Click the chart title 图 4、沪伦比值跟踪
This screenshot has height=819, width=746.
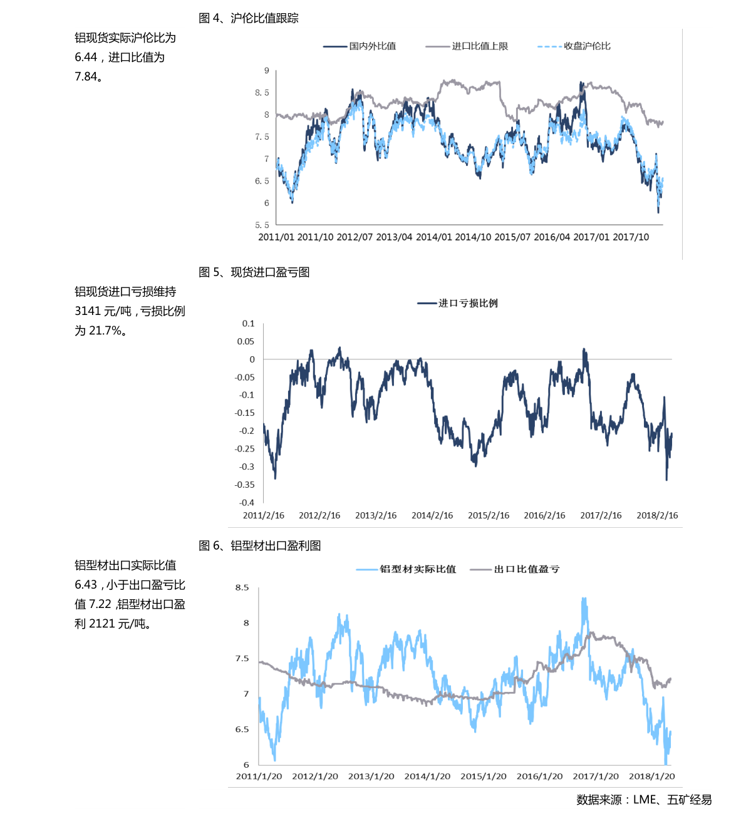(x=249, y=19)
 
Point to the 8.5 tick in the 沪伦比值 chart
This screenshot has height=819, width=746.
(x=262, y=93)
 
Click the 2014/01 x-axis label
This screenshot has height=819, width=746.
(x=433, y=237)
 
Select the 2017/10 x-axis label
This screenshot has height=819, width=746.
(x=631, y=237)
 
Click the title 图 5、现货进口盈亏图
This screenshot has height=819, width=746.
(x=254, y=272)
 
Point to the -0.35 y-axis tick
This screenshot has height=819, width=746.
(x=245, y=485)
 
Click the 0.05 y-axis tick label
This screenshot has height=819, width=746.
(x=246, y=341)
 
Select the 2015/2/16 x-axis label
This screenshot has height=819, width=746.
(x=489, y=515)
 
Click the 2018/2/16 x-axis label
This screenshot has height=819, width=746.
(x=657, y=515)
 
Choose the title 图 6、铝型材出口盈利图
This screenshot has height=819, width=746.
(x=260, y=546)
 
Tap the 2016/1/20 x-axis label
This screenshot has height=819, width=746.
(x=539, y=776)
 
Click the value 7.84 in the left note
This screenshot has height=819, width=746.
(x=86, y=77)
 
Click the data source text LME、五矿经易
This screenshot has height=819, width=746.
(x=672, y=800)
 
